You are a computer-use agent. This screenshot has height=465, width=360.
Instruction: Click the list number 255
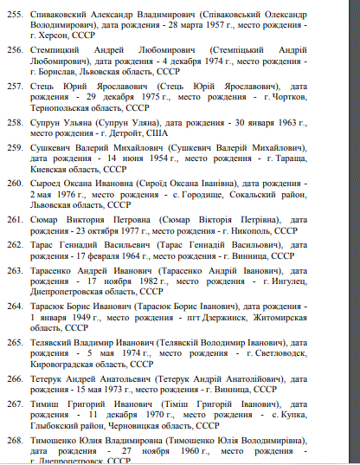13,16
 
